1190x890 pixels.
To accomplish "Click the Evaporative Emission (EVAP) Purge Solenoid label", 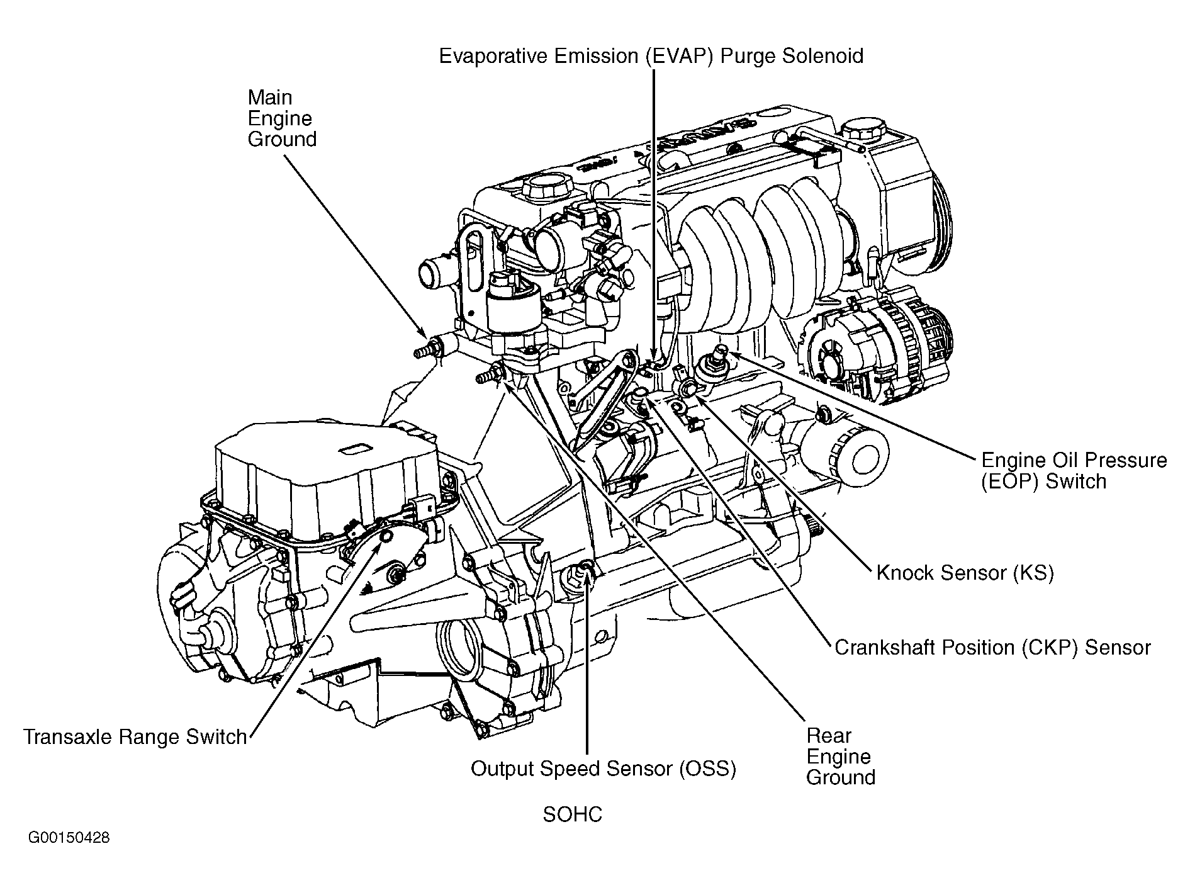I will point(651,56).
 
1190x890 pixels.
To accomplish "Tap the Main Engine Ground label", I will point(281,118).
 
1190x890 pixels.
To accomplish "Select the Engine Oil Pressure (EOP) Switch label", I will point(1074,471).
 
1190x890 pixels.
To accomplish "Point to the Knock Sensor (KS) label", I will point(964,572).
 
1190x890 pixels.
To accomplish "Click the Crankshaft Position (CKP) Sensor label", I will point(992,647).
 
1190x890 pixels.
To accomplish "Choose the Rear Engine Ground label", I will point(840,756).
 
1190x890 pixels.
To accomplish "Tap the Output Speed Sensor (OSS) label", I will point(603,769).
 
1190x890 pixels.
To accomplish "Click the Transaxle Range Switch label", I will point(135,736).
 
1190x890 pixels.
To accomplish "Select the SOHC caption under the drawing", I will point(572,814).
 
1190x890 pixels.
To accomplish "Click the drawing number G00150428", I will point(69,838).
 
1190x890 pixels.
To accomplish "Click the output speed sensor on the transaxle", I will point(582,574).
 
